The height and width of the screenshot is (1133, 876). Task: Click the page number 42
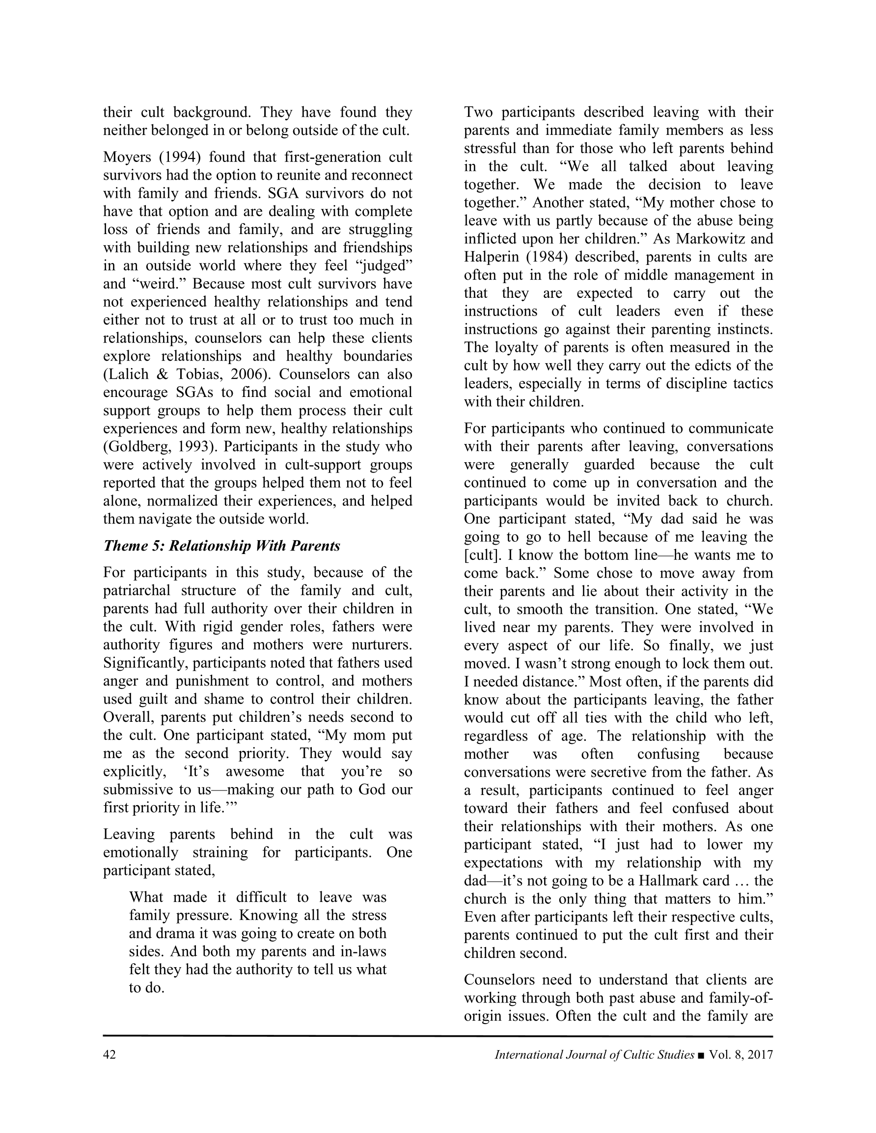[x=109, y=1054]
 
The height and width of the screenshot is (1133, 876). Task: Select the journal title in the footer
[x=594, y=1054]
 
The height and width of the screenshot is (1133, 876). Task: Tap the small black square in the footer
[x=702, y=1055]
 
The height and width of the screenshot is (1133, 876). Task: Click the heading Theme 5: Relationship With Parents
[x=222, y=546]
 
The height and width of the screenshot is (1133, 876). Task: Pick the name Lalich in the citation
[x=125, y=374]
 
